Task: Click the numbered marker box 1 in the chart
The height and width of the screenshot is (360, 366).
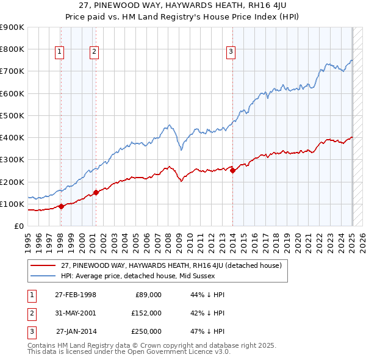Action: (x=60, y=52)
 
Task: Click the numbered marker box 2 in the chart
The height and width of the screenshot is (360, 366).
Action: (x=95, y=52)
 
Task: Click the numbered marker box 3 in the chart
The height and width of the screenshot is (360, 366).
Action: (x=231, y=52)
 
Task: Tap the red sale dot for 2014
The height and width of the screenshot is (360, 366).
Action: (x=232, y=171)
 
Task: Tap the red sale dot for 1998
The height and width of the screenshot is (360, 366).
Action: (x=61, y=206)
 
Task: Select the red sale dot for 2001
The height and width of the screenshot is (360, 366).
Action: (x=96, y=192)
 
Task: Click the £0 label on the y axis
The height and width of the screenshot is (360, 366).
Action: (x=18, y=226)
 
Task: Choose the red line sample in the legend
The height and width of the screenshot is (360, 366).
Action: (x=43, y=265)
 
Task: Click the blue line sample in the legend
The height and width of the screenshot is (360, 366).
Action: (x=43, y=276)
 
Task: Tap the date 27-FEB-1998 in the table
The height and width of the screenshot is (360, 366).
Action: (x=76, y=295)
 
